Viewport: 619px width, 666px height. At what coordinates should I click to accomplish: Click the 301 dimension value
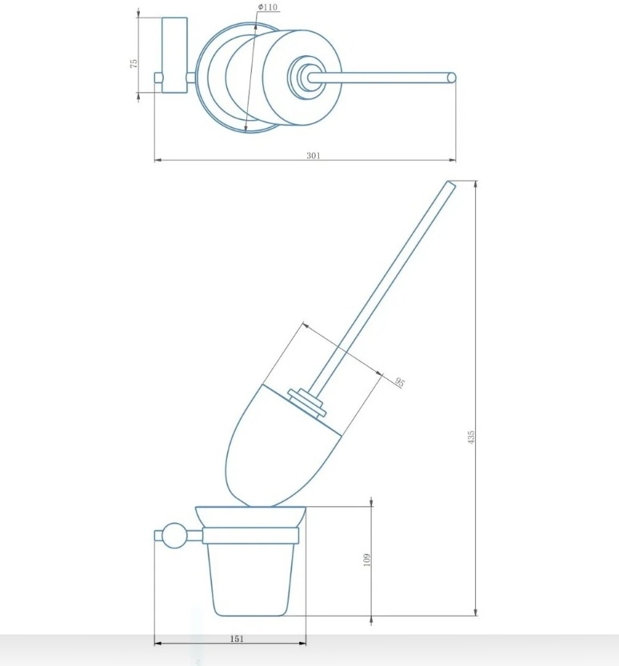tap(313, 155)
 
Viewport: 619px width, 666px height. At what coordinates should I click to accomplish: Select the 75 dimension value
tap(134, 64)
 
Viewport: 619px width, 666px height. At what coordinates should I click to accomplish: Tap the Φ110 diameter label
tap(268, 7)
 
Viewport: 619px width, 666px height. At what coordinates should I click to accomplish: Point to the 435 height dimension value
tap(471, 437)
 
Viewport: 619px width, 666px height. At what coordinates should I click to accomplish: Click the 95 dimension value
tap(400, 382)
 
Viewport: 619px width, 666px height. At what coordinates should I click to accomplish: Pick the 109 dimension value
tap(368, 560)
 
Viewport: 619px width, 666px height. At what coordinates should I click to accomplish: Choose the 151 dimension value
tap(237, 638)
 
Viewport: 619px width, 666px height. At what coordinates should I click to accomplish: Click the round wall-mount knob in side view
tap(174, 536)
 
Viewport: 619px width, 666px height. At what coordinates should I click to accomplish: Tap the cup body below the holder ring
tap(250, 580)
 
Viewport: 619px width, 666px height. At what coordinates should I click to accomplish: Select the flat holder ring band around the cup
tap(250, 536)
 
